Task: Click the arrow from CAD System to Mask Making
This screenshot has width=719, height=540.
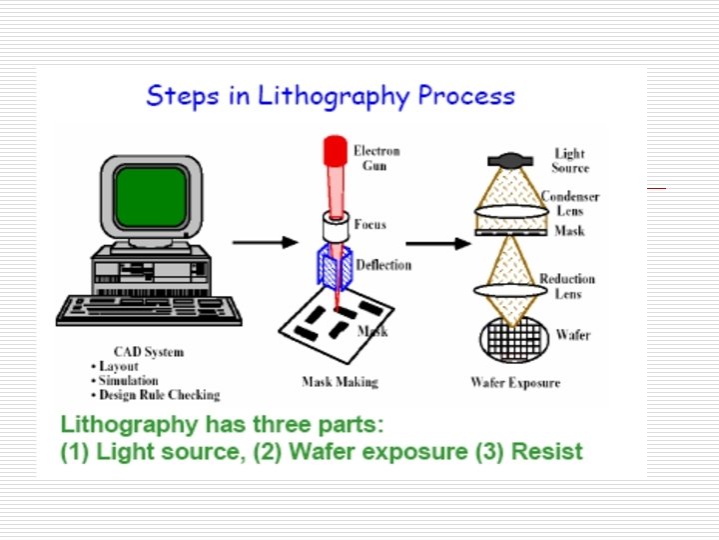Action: [x=264, y=242]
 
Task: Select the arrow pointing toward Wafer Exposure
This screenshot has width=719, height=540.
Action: [x=436, y=243]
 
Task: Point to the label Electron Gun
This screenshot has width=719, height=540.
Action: [x=376, y=158]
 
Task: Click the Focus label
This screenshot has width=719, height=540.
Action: [x=369, y=224]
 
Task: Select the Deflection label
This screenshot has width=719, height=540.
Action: [x=383, y=265]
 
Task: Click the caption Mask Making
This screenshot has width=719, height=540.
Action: [x=340, y=381]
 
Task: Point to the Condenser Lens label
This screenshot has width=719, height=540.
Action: [x=570, y=204]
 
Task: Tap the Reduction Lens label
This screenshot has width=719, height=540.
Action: [x=566, y=286]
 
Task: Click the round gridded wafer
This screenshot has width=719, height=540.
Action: [x=511, y=338]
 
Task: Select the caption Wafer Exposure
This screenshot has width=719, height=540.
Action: [x=515, y=382]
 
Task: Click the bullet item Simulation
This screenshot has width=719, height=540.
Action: [x=128, y=380]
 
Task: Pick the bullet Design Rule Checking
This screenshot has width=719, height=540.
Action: [x=159, y=394]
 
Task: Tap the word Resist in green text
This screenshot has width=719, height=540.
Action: [x=546, y=451]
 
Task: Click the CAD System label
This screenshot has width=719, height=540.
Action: [x=149, y=352]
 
